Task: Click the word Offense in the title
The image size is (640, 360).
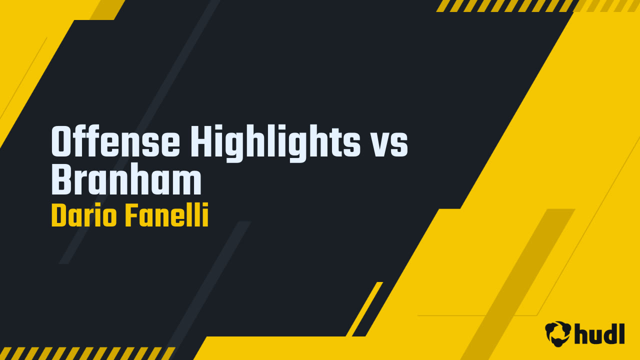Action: tap(115, 142)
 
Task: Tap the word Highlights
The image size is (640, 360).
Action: tap(275, 143)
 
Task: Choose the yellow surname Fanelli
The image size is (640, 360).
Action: tap(166, 216)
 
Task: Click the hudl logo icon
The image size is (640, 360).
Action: tap(558, 333)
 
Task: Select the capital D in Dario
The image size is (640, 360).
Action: tap(58, 216)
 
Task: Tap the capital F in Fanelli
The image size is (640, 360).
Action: tap(131, 216)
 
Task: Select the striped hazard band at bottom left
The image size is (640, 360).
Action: tap(85, 353)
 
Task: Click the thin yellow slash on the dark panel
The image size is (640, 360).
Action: tap(364, 309)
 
